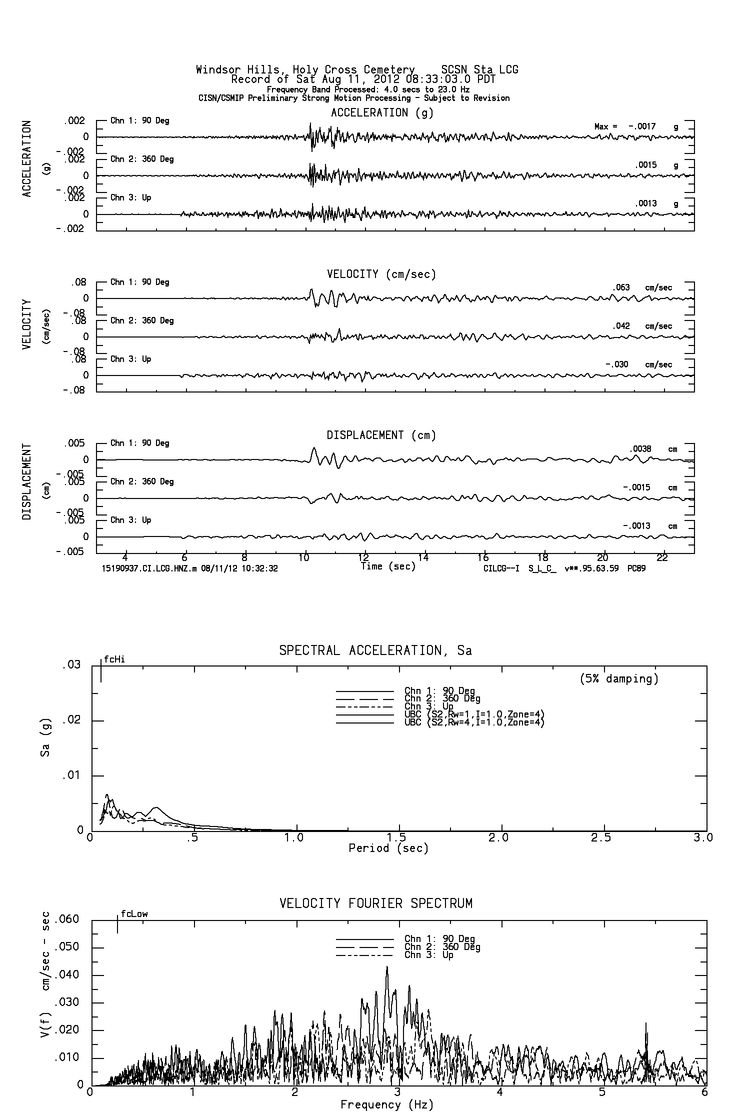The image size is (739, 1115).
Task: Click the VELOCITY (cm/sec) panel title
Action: coord(381,274)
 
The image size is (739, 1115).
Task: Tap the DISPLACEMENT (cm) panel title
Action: coord(381,435)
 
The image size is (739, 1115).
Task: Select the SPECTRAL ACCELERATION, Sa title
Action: coord(375,651)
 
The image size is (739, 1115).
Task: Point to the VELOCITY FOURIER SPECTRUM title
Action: coord(375,903)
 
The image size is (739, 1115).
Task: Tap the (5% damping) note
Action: coord(619,679)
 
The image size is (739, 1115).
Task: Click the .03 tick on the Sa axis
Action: coord(71,666)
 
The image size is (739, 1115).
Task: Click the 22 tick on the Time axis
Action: coord(662,556)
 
